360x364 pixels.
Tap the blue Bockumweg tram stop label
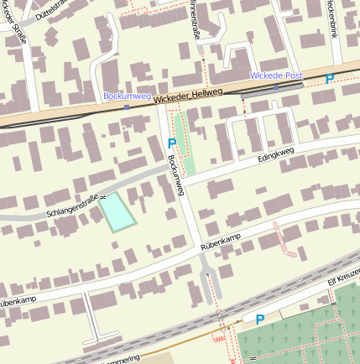126,96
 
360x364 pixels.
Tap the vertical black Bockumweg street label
175,175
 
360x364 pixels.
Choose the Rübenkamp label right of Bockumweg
221,243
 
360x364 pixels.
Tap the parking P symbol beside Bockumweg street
172,144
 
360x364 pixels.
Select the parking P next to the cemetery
260,320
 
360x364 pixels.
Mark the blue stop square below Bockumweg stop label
127,107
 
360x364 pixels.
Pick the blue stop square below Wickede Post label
275,86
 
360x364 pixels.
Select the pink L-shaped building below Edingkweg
284,240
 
